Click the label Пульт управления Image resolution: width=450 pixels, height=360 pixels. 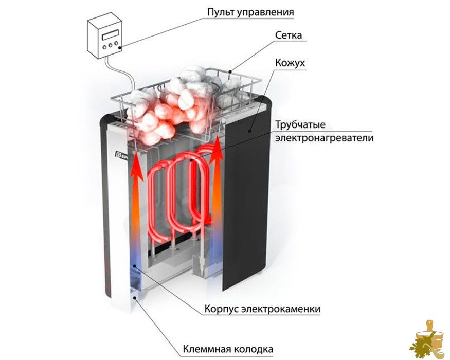[250, 12]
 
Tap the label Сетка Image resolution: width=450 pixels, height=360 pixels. [289, 35]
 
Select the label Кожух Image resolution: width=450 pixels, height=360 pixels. [290, 63]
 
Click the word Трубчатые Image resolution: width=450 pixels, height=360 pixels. [300, 125]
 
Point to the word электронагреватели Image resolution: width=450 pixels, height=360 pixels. [325, 138]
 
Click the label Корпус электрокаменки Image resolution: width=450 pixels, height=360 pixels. [262, 309]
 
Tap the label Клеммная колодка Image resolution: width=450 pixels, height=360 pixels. [228, 349]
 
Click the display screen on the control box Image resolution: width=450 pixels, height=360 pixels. [110, 35]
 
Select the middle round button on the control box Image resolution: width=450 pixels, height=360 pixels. [111, 45]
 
